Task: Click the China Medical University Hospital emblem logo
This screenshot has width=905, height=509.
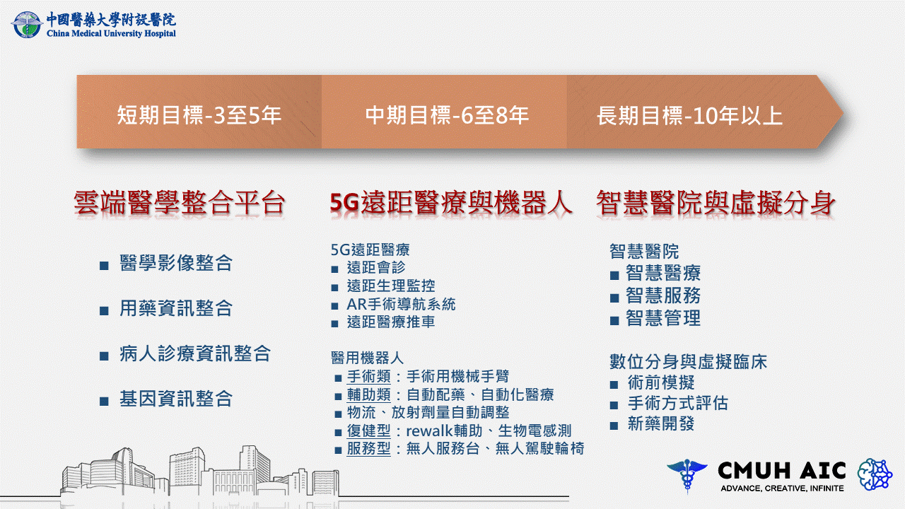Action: click(x=27, y=25)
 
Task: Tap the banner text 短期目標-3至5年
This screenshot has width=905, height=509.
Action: click(x=199, y=115)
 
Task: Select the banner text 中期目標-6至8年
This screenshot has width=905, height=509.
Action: click(x=447, y=115)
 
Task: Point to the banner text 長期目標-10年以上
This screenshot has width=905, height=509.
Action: click(x=689, y=116)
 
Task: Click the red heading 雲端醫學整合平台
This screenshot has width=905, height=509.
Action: click(x=180, y=202)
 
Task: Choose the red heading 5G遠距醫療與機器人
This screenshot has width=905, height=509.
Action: click(x=450, y=202)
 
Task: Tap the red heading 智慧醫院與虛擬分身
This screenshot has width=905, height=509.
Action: click(x=716, y=202)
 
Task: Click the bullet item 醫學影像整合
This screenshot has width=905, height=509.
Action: click(x=176, y=263)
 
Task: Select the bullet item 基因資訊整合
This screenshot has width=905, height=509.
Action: click(x=176, y=399)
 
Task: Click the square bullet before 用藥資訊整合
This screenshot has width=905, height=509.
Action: click(x=104, y=310)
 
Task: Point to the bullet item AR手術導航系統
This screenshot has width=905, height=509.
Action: click(x=401, y=304)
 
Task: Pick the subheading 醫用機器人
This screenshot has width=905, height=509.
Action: click(x=367, y=358)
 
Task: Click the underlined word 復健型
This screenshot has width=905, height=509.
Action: click(x=368, y=431)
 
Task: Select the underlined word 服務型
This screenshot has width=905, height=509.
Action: click(x=368, y=449)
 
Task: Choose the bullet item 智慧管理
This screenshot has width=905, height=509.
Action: click(x=663, y=318)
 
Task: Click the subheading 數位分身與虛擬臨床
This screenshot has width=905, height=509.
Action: click(x=688, y=361)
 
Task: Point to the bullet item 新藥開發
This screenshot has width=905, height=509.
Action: click(x=661, y=423)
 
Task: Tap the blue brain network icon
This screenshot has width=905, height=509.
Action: click(x=875, y=474)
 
